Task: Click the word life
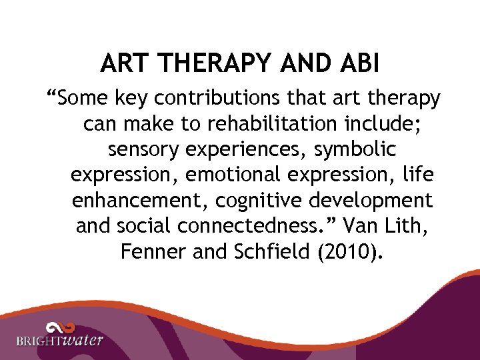pos(419,175)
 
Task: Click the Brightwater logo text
pos(60,341)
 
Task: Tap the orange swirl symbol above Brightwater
pos(61,326)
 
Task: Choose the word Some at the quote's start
pos(79,99)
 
